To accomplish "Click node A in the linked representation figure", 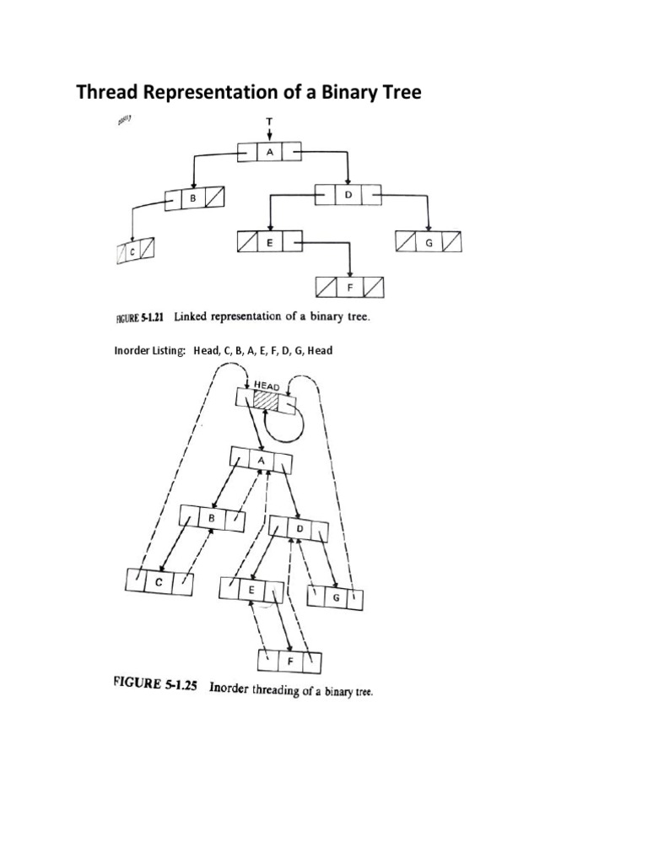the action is click(268, 154).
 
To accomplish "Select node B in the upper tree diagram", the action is click(193, 200).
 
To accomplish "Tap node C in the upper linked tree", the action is click(135, 251).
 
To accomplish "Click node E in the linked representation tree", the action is click(269, 243).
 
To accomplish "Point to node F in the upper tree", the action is click(349, 288).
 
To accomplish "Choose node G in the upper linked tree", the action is click(429, 243).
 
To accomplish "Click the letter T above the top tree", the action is click(269, 121).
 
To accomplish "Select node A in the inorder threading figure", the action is click(262, 461).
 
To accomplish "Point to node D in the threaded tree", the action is click(300, 528).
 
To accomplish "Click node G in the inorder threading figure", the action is click(336, 597).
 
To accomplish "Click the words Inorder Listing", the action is click(149, 351).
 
